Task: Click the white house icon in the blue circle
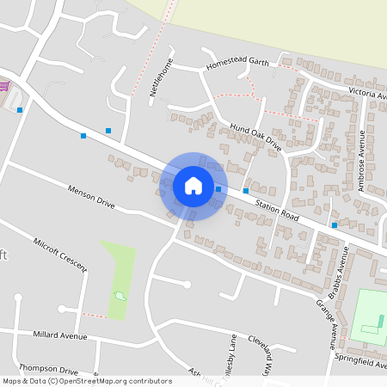point(193,186)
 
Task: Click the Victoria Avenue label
point(365,92)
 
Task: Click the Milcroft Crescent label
point(62,255)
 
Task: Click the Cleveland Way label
point(264,351)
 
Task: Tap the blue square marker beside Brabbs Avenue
point(335,225)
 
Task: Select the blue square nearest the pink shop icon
point(19,110)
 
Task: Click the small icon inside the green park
point(120,296)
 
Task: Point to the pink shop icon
point(3,87)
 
